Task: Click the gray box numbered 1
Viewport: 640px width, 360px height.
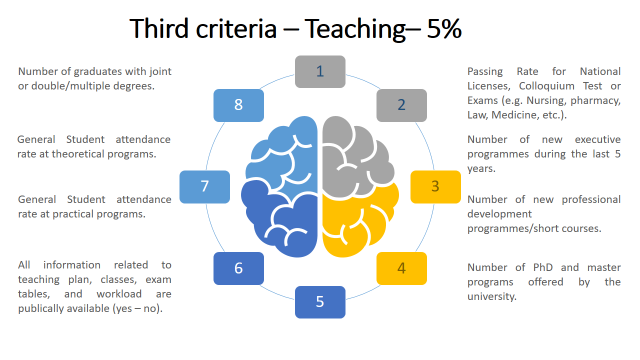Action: (320, 71)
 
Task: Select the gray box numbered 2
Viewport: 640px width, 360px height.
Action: (401, 105)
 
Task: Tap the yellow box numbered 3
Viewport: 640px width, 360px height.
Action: (435, 187)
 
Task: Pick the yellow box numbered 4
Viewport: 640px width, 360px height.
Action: (401, 268)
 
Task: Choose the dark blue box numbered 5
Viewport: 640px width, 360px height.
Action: (320, 302)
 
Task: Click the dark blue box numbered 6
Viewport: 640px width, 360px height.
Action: (238, 268)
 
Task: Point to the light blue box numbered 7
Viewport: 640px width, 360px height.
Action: (204, 187)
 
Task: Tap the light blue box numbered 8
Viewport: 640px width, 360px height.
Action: (238, 105)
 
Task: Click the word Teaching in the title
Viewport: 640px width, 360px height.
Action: (355, 29)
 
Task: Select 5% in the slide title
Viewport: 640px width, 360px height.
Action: (444, 28)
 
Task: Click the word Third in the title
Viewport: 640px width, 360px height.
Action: (159, 28)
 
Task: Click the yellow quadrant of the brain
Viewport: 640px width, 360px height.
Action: (357, 225)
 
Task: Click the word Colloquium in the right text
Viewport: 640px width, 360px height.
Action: (546, 86)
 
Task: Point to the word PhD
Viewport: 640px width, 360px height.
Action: (543, 267)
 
